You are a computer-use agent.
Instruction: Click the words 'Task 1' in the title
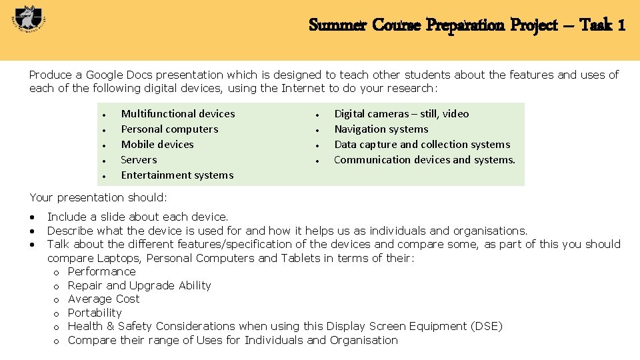pyautogui.click(x=602, y=25)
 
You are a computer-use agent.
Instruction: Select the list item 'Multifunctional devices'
pyautogui.click(x=178, y=114)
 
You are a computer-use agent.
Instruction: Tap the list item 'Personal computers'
pyautogui.click(x=169, y=129)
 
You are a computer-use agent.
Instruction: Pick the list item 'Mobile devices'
pyautogui.click(x=157, y=145)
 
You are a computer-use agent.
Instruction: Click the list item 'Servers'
pyautogui.click(x=139, y=160)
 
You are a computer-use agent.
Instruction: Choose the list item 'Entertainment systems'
pyautogui.click(x=177, y=175)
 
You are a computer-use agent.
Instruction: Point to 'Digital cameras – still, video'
pyautogui.click(x=401, y=114)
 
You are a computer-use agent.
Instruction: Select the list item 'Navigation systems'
pyautogui.click(x=381, y=129)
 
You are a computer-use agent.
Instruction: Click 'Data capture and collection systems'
pyautogui.click(x=422, y=145)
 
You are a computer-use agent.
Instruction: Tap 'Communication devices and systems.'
pyautogui.click(x=425, y=160)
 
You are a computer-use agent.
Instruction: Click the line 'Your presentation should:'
pyautogui.click(x=99, y=197)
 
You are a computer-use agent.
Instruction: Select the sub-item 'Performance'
pyautogui.click(x=101, y=272)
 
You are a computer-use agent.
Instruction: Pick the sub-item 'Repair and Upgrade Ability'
pyautogui.click(x=139, y=285)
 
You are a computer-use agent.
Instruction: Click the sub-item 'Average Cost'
pyautogui.click(x=103, y=299)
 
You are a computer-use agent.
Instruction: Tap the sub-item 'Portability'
pyautogui.click(x=95, y=313)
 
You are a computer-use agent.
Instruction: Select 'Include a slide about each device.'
pyautogui.click(x=137, y=217)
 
